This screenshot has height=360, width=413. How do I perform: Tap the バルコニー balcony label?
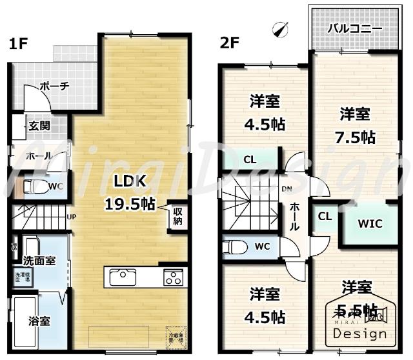(354, 28)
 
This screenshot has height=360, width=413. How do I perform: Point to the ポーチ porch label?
(54, 86)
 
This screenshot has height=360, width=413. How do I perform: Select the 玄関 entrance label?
(38, 126)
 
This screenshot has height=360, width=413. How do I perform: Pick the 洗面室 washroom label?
(39, 261)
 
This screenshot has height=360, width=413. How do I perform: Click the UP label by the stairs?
(71, 215)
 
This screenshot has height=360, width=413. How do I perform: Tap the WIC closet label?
(370, 224)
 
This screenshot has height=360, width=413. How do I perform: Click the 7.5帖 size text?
(355, 137)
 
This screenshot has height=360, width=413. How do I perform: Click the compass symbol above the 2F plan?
(280, 29)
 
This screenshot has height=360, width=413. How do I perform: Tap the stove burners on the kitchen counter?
(172, 277)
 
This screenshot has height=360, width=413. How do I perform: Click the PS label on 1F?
(14, 246)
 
